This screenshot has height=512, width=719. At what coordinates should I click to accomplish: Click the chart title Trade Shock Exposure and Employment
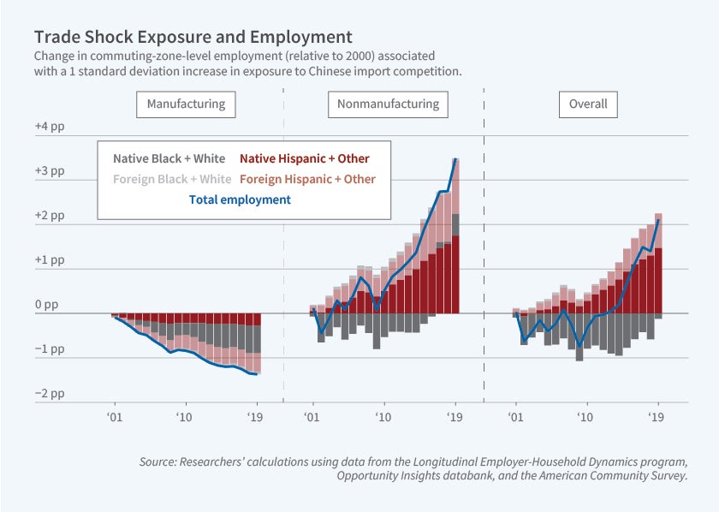pyautogui.click(x=193, y=38)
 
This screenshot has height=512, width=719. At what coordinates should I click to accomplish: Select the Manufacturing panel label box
pyautogui.click(x=186, y=104)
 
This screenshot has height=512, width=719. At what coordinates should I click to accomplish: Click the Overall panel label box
pyautogui.click(x=588, y=104)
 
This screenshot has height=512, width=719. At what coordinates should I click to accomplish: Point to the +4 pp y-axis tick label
pyautogui.click(x=50, y=126)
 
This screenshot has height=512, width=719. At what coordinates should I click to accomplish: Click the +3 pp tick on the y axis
pyautogui.click(x=50, y=170)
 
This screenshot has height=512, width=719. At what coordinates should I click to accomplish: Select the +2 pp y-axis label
pyautogui.click(x=50, y=215)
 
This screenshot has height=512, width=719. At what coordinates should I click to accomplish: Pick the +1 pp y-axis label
pyautogui.click(x=50, y=259)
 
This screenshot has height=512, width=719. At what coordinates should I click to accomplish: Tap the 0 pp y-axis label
pyautogui.click(x=47, y=304)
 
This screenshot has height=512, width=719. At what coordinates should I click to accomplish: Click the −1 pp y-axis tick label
pyautogui.click(x=50, y=349)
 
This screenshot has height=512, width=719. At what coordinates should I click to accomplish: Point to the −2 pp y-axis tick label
pyautogui.click(x=50, y=394)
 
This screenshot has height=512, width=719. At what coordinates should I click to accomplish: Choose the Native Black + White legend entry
pyautogui.click(x=169, y=158)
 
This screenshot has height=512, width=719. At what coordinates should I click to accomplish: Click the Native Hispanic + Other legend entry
pyautogui.click(x=304, y=158)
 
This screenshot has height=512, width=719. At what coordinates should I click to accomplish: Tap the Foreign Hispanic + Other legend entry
pyautogui.click(x=307, y=179)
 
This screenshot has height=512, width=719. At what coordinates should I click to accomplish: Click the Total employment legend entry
pyautogui.click(x=239, y=199)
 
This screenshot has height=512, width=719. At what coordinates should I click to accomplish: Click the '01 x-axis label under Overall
pyautogui.click(x=515, y=417)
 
